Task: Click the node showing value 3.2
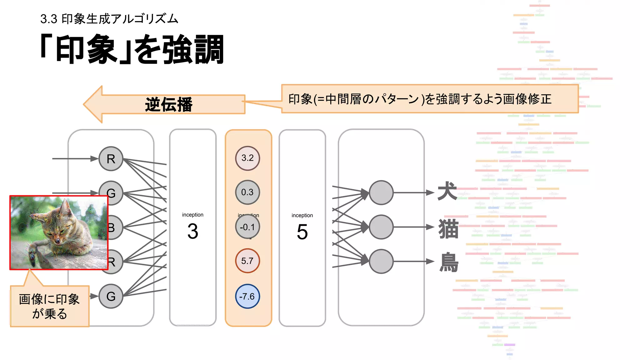coord(247,158)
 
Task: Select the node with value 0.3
coord(247,192)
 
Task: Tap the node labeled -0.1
coord(247,227)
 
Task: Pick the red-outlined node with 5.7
coord(247,261)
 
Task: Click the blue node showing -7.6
coord(247,296)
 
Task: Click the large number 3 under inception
coord(193,232)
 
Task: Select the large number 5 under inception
coord(302,232)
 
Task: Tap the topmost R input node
coord(111,159)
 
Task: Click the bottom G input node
coord(111,296)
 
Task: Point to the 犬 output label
coord(447,191)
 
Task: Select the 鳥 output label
coord(449,262)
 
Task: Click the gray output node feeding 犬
coord(381,192)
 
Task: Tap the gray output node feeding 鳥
coord(381,261)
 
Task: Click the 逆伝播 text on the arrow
coord(169,104)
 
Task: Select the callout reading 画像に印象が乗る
coord(49,306)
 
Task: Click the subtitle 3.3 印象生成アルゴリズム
coord(109,19)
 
